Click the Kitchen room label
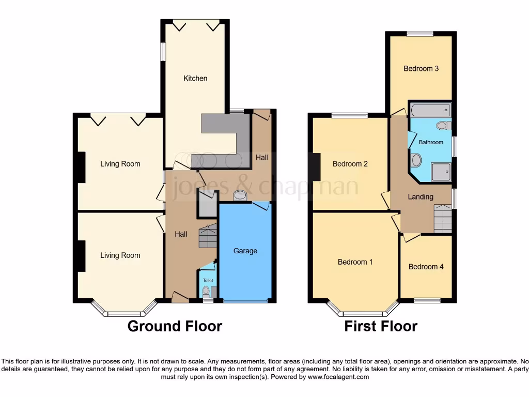(195, 79)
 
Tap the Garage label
(245, 251)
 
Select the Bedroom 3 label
(421, 68)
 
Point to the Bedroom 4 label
(426, 267)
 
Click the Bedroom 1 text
(355, 262)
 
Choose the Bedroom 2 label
(350, 164)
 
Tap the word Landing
(421, 196)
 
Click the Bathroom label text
(431, 142)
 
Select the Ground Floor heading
(175, 326)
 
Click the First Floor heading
(381, 326)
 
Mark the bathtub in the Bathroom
(430, 110)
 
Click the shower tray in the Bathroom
(441, 172)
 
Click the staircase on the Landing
(442, 218)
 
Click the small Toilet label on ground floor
(208, 280)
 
